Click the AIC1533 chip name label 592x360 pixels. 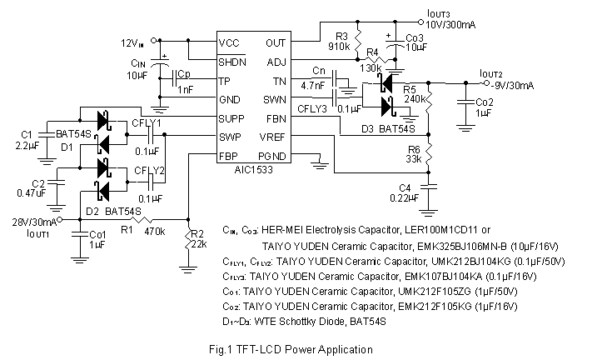(x=253, y=168)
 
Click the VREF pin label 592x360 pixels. (x=274, y=137)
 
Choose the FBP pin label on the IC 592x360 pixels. (x=230, y=155)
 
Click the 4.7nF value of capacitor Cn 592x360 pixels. (x=313, y=84)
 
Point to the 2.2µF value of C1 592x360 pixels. (x=27, y=145)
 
